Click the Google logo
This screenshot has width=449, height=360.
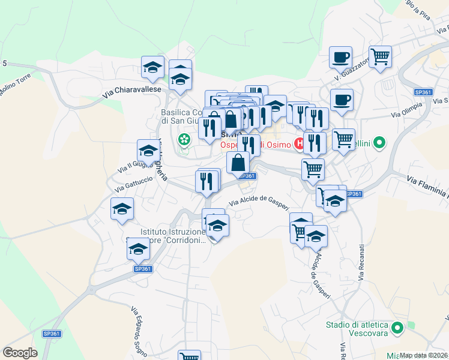20,353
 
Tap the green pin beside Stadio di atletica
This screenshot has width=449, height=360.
397,328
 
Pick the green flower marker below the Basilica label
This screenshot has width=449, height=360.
184,140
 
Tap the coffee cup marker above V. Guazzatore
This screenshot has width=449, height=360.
340,57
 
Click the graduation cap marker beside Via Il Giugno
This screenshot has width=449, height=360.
148,151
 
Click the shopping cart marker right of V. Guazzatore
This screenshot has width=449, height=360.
380,57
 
